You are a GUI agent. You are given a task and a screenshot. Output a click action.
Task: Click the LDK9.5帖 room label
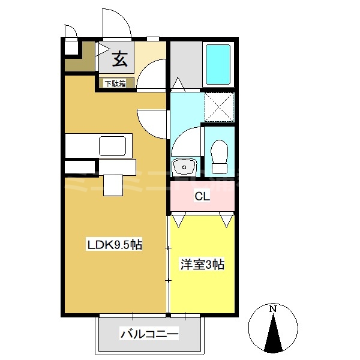tap(115, 245)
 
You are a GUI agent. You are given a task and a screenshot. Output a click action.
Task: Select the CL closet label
tap(202, 196)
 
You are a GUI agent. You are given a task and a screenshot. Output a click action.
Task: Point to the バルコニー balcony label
tap(149, 334)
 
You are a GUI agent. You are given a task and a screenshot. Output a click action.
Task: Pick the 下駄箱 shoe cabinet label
tap(115, 84)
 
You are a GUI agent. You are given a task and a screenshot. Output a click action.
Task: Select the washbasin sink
tap(184, 166)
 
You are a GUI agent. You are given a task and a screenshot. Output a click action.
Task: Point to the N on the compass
tap(273, 309)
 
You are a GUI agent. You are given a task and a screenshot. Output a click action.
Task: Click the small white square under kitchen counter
tap(112, 184)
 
